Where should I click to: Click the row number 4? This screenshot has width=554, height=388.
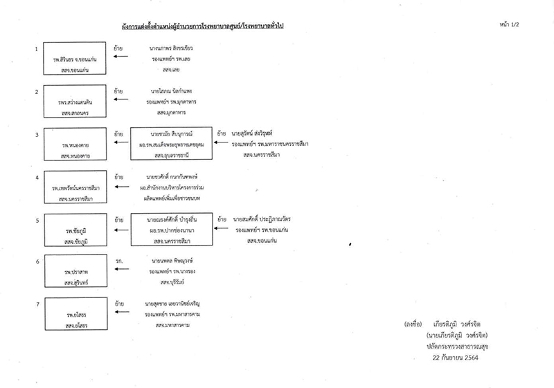(x=36, y=178)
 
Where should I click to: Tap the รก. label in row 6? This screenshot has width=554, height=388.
(x=119, y=261)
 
